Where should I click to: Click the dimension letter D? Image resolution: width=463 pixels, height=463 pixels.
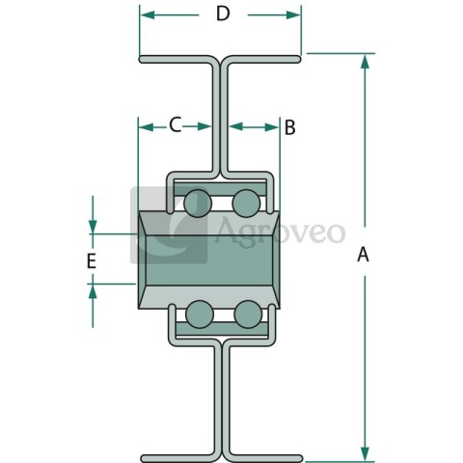click(223, 14)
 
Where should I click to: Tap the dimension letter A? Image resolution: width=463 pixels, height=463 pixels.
click(363, 255)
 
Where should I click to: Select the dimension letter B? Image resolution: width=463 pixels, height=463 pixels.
click(289, 127)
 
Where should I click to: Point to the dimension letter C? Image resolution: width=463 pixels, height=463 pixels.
click(176, 124)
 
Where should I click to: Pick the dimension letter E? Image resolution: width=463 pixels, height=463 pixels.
click(92, 260)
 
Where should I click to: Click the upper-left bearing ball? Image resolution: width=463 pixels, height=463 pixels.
click(198, 204)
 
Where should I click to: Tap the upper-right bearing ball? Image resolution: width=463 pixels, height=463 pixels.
click(246, 204)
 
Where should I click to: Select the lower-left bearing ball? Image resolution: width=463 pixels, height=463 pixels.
click(200, 314)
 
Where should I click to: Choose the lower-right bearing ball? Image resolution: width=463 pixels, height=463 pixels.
click(248, 314)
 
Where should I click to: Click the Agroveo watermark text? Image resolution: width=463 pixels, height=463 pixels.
click(280, 231)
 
